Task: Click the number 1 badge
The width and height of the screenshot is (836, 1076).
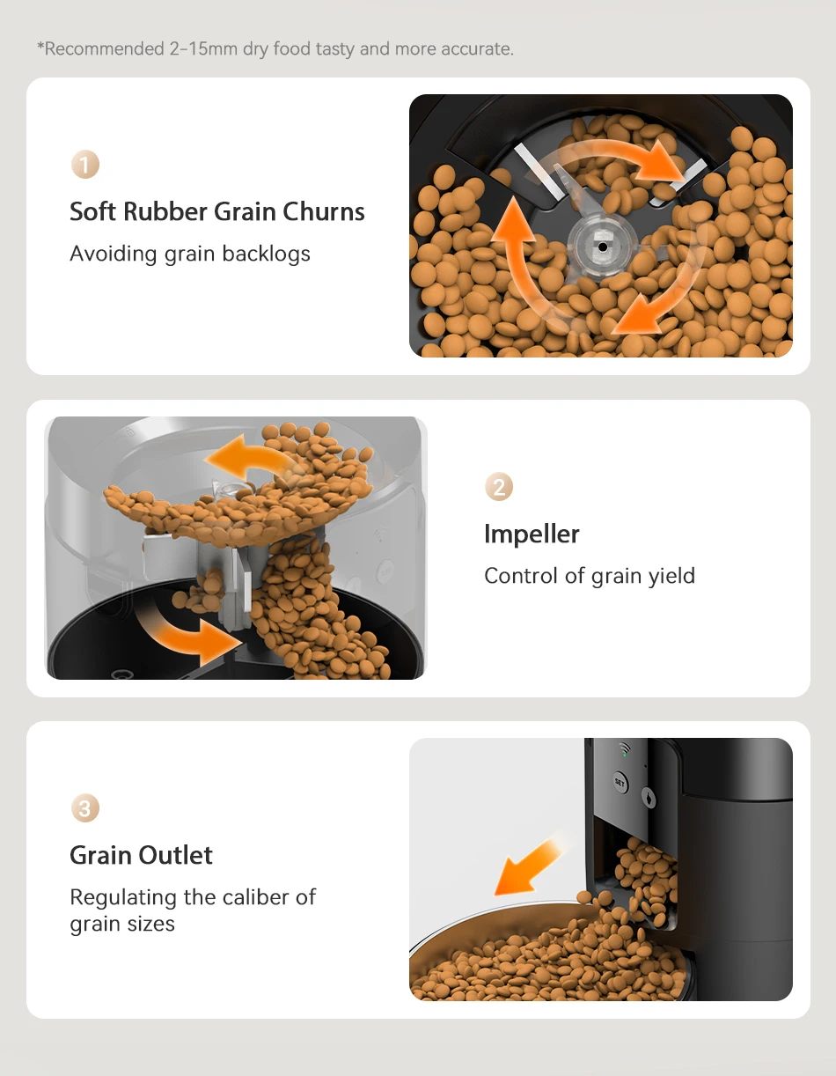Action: click(84, 165)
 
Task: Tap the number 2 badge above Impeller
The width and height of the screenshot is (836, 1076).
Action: click(499, 487)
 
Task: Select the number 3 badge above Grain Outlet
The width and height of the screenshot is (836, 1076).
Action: click(84, 808)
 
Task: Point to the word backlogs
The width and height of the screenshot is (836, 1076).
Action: click(266, 254)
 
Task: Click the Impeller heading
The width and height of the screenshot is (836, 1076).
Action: click(532, 534)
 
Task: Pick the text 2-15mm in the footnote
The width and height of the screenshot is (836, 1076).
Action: click(202, 49)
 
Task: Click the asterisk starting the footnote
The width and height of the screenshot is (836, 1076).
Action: click(40, 48)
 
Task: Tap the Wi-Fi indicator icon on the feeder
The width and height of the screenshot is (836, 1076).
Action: click(625, 751)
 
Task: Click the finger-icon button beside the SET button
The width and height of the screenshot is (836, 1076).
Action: click(649, 797)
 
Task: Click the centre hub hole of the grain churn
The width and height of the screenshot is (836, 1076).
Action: click(602, 247)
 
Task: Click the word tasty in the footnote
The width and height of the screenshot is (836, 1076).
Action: click(334, 49)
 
